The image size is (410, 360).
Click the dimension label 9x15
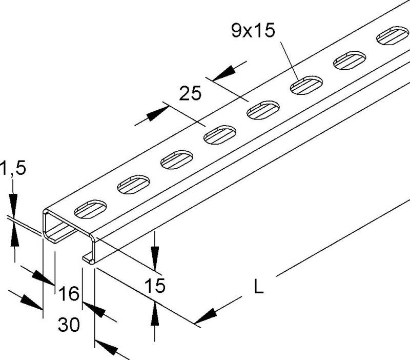tap(253, 31)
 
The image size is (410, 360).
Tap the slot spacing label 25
tap(190, 93)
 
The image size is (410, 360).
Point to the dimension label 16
tap(69, 293)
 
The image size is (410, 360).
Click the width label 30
tap(69, 325)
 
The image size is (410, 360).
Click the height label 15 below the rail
tap(155, 285)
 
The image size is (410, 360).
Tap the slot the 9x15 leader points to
tap(306, 85)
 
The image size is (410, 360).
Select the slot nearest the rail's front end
tap(91, 209)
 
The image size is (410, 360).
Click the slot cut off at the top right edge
tap(393, 35)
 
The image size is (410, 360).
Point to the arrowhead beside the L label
tap(206, 316)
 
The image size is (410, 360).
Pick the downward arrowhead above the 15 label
tap(155, 258)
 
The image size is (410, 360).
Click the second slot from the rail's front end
tap(134, 185)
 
